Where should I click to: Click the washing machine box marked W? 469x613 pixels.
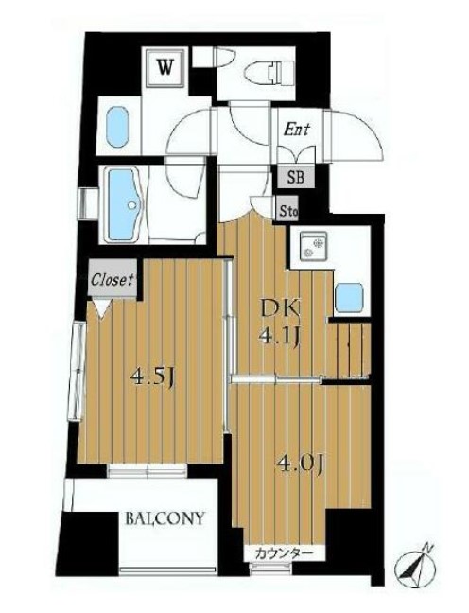[165, 68]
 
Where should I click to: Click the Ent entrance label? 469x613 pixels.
[296, 130]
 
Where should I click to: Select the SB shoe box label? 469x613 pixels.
[295, 178]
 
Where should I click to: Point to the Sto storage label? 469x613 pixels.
[288, 212]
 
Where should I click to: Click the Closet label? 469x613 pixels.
[113, 279]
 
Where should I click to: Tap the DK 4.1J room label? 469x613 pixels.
[280, 322]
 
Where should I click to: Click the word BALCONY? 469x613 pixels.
[165, 518]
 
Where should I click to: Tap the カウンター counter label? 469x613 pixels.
[284, 553]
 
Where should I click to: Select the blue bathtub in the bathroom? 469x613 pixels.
[123, 204]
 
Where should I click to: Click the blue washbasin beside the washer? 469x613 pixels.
[117, 128]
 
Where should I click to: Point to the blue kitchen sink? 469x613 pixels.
[350, 297]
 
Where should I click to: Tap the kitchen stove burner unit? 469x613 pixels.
[313, 245]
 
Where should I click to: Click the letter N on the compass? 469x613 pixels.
[429, 548]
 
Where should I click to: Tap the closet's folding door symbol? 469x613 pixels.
[102, 308]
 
